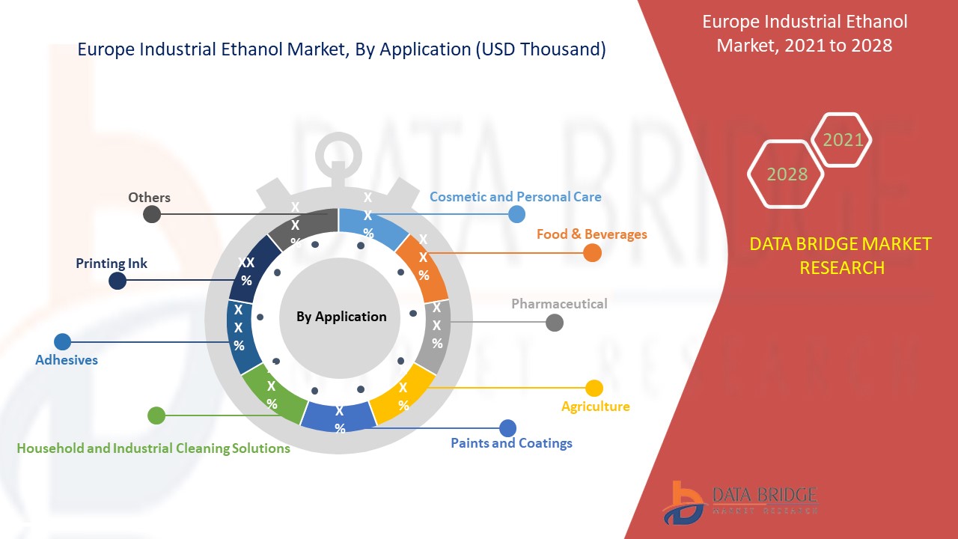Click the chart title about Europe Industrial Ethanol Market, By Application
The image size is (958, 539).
pyautogui.click(x=341, y=50)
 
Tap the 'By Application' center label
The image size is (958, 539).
pyautogui.click(x=341, y=317)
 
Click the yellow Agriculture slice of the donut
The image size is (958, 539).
pyautogui.click(x=403, y=397)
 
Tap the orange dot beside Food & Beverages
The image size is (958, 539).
pyautogui.click(x=592, y=253)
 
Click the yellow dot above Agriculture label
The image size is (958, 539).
pyautogui.click(x=594, y=388)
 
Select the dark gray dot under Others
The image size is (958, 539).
pyautogui.click(x=152, y=214)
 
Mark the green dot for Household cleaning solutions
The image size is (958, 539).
pyautogui.click(x=156, y=415)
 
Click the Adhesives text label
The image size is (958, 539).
pyautogui.click(x=67, y=360)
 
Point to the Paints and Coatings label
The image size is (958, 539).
pyautogui.click(x=511, y=443)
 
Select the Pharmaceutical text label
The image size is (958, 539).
pyautogui.click(x=559, y=303)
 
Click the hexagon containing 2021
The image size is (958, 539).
pyautogui.click(x=842, y=139)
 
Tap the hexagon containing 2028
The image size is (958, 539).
pyautogui.click(x=786, y=174)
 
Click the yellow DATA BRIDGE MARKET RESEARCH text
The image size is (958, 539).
pyautogui.click(x=841, y=255)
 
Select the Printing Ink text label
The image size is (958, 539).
pyautogui.click(x=112, y=264)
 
